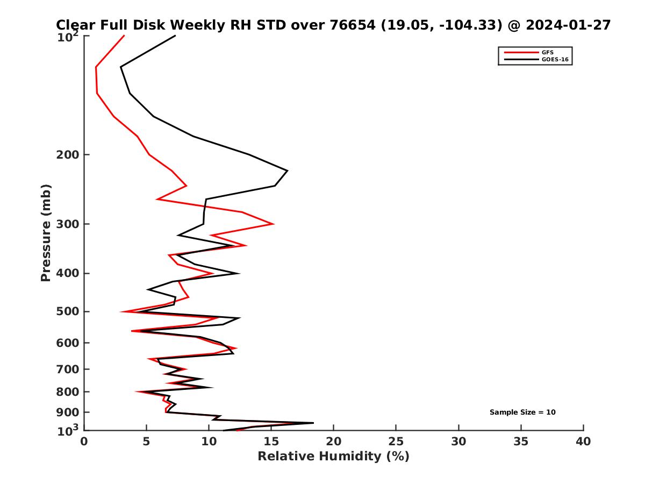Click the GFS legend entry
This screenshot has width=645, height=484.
click(x=547, y=52)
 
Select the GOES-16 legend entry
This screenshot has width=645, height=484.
click(x=555, y=60)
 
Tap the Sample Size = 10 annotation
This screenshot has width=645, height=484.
click(x=522, y=412)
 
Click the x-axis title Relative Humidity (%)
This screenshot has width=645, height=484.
click(x=333, y=457)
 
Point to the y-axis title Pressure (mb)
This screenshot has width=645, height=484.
click(x=46, y=233)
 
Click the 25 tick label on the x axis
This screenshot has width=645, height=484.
click(x=396, y=442)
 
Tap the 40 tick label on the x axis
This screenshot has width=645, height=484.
click(x=583, y=442)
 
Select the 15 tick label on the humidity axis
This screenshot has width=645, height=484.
click(x=271, y=442)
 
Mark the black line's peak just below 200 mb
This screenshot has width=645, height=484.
click(x=288, y=171)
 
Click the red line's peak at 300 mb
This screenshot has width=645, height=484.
click(x=274, y=224)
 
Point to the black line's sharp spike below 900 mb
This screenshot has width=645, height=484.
click(x=313, y=423)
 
